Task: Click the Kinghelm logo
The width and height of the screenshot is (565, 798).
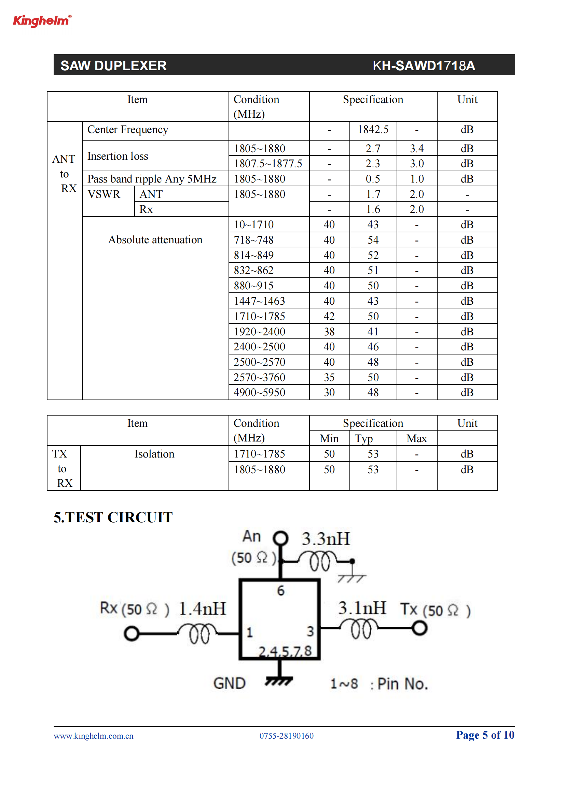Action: [42, 21]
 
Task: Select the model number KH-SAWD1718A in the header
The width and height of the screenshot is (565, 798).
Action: [423, 66]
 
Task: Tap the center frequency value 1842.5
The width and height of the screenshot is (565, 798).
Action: [373, 130]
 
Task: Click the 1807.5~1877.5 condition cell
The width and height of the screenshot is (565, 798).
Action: [268, 163]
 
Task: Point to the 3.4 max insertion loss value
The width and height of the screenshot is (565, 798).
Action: [416, 149]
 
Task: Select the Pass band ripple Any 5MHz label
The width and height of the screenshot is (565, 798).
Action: [152, 179]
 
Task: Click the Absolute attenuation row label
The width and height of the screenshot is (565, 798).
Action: [155, 240]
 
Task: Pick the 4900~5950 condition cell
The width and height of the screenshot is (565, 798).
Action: [259, 392]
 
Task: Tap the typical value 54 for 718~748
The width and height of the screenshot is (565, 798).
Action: [373, 240]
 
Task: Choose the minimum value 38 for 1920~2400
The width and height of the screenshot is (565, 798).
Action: [329, 332]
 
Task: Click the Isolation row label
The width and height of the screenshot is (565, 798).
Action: [154, 454]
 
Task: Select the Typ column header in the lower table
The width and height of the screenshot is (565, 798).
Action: [363, 439]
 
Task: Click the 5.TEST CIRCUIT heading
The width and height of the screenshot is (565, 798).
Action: [113, 517]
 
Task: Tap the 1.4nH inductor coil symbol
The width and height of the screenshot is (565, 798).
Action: [198, 633]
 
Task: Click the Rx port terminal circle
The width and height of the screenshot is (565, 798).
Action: [132, 633]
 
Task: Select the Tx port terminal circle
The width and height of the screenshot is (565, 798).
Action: [419, 628]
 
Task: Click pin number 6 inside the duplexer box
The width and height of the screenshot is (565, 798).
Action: [281, 591]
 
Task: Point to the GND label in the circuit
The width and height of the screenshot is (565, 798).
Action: [230, 683]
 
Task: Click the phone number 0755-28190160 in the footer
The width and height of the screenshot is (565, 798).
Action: [286, 736]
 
